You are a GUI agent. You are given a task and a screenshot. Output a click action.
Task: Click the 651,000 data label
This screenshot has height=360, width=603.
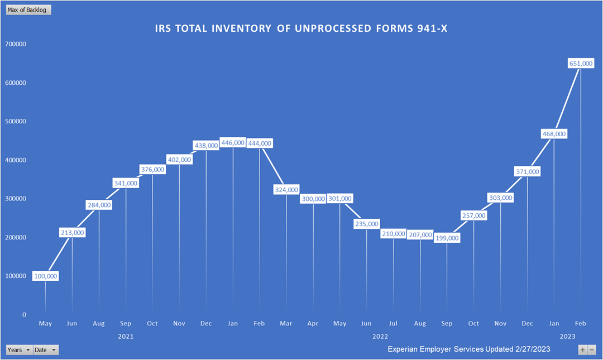[x=581, y=64]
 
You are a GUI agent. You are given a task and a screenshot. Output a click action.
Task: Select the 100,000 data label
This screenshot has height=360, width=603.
[x=45, y=276]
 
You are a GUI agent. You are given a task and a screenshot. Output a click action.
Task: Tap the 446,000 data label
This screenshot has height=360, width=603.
[x=233, y=142]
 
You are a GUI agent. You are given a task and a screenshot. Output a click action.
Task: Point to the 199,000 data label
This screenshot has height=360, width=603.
[x=447, y=238]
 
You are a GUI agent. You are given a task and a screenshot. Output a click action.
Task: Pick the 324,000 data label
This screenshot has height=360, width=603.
[x=286, y=190]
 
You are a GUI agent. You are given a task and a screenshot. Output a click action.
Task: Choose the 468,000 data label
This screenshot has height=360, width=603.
[x=554, y=133]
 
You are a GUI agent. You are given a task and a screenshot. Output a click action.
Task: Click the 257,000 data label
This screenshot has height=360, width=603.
[x=473, y=215]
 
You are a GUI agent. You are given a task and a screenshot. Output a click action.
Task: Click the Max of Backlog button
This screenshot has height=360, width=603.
[x=28, y=10]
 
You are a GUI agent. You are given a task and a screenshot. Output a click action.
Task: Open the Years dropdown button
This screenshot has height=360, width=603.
[x=18, y=350]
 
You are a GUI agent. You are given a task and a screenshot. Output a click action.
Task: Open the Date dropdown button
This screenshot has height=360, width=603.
[x=45, y=350]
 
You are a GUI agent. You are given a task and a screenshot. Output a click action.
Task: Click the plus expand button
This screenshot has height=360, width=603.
[x=582, y=350]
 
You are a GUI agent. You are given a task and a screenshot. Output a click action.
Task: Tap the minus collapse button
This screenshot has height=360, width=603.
[x=592, y=350]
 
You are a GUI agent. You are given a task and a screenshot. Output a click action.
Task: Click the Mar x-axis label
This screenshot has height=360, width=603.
[x=286, y=324]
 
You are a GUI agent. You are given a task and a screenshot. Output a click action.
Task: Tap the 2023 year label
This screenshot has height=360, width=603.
[x=567, y=337]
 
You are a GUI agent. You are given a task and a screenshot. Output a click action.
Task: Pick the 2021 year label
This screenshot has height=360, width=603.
[x=126, y=337]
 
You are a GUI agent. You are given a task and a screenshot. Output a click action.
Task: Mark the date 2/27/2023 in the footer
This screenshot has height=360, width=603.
[x=528, y=349]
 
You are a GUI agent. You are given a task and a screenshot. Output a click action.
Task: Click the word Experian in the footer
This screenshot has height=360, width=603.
[x=405, y=349]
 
